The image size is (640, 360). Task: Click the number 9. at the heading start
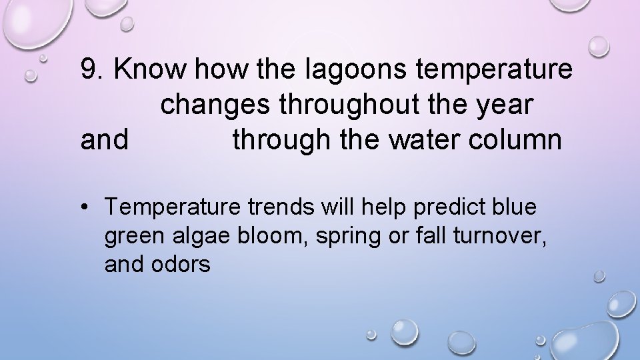click(x=93, y=69)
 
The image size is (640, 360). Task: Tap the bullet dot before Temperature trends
click(x=87, y=208)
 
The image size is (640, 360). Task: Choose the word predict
click(x=451, y=208)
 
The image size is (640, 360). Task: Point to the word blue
click(x=515, y=207)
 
